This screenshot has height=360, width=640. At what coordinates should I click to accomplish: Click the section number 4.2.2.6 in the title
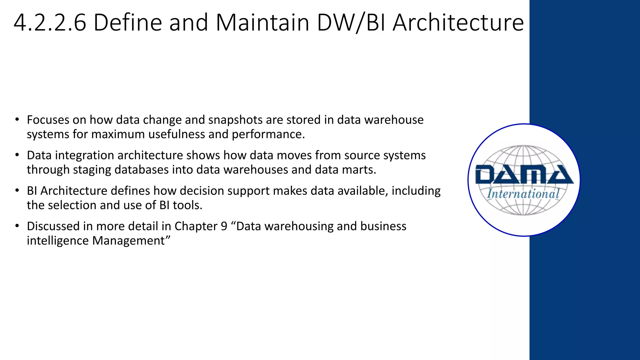point(50,22)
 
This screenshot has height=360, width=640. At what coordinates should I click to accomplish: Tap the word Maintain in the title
point(262,22)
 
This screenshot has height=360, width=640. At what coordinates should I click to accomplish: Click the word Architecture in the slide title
point(458,22)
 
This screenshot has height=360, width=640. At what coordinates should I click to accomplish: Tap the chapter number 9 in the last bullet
point(224,226)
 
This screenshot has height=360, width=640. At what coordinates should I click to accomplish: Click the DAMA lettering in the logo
point(524,175)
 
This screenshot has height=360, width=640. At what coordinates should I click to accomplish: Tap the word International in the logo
point(523,194)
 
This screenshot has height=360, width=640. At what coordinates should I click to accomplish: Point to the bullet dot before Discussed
point(17,226)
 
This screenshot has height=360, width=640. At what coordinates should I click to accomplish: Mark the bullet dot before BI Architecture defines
point(17,190)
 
